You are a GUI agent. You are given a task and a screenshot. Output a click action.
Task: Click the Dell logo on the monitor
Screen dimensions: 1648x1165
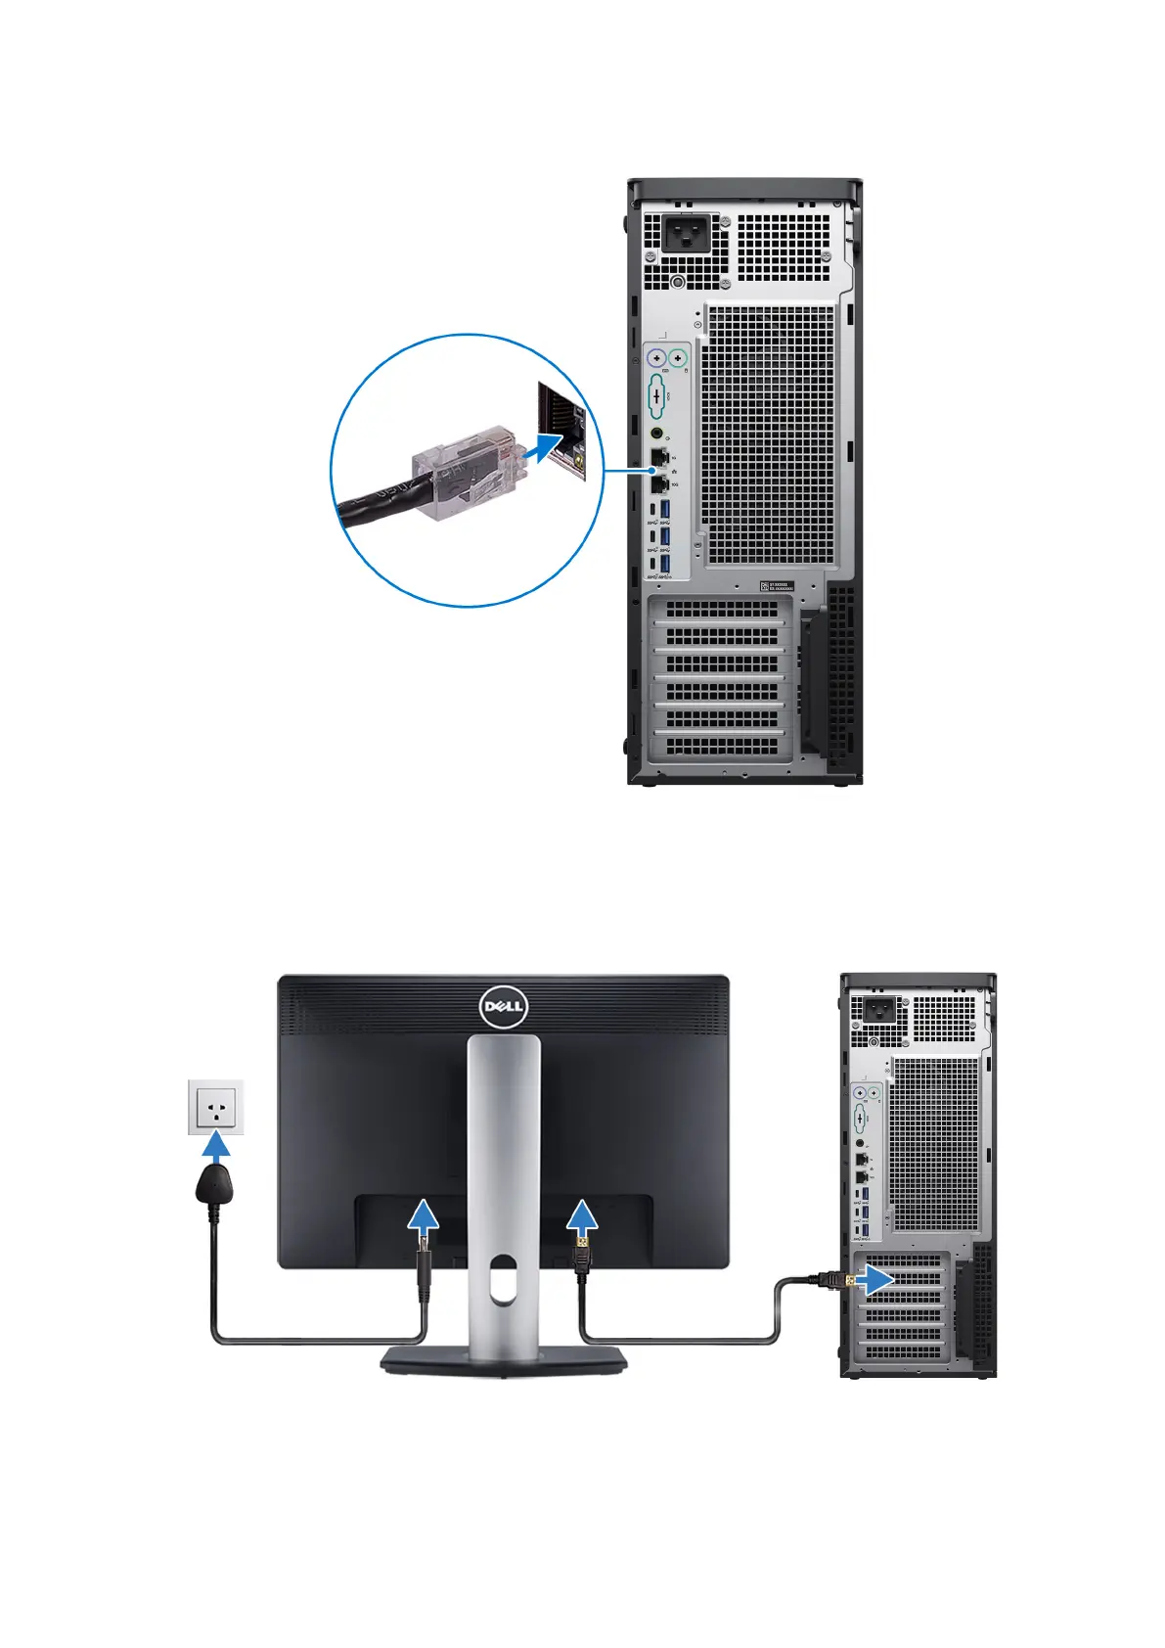coord(504,1007)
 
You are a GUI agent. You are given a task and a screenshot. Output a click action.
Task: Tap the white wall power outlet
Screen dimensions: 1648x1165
coord(215,1107)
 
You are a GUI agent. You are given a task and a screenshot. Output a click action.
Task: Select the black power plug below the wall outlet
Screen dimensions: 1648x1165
coord(214,1185)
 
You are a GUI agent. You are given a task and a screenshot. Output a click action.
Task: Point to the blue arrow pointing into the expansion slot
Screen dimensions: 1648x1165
coord(876,1278)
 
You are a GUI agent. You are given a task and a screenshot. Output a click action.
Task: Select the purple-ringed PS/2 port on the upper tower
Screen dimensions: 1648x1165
coord(656,358)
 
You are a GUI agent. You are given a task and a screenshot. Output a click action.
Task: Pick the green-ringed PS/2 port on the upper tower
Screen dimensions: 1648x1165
coord(678,358)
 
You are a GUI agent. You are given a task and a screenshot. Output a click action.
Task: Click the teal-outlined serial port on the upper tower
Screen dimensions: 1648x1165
coord(655,396)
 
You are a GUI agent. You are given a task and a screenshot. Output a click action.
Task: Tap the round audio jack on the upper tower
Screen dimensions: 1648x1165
coord(656,432)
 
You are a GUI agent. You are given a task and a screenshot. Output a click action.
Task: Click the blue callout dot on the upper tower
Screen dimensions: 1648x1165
coord(653,470)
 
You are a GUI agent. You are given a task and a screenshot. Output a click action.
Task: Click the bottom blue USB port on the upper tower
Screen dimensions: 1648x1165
coord(665,565)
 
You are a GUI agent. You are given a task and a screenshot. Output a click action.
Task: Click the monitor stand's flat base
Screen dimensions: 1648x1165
coord(504,1360)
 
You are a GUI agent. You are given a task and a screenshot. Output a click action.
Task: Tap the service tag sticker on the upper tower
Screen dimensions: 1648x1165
coord(778,586)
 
